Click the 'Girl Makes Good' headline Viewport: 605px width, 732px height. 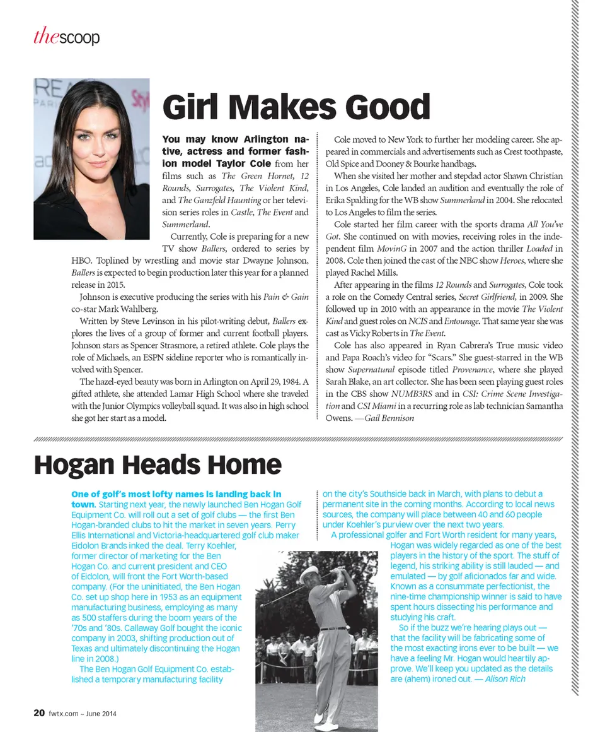[x=296, y=107]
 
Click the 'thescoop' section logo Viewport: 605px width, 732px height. [x=67, y=38]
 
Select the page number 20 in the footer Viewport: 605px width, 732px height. [x=38, y=714]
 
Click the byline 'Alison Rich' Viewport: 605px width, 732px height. [x=505, y=679]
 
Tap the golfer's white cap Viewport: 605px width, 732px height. [x=310, y=572]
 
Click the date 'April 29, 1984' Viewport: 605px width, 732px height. [x=265, y=382]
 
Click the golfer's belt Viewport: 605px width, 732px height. [x=333, y=629]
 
